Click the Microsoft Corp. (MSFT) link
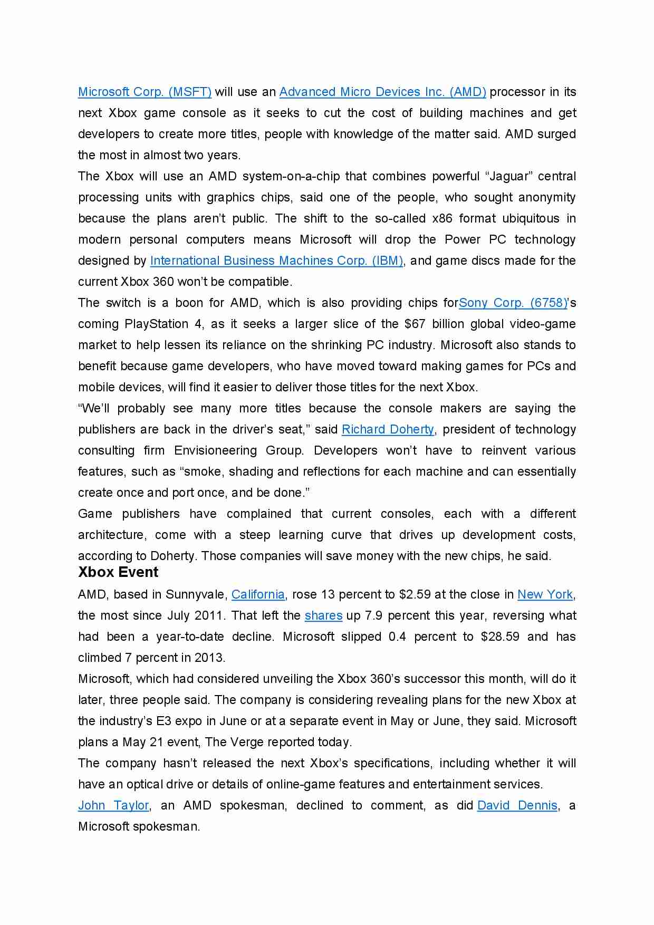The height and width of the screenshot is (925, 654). pos(145,92)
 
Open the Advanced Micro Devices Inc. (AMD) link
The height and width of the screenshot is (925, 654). pos(382,92)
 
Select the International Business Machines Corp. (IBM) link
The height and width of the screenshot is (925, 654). pos(276,261)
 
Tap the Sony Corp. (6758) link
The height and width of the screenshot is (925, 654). pos(513,303)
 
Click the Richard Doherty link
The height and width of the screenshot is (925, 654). pos(388,429)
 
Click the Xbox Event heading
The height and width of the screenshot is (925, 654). pos(118,572)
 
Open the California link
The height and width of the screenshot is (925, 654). pos(258,594)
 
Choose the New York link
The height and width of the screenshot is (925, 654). pos(545,594)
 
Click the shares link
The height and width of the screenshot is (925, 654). pos(323,615)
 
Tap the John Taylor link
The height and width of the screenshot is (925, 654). pos(113,805)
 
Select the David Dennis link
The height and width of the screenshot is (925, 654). pos(517,805)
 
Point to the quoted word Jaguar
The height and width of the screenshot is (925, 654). pos(509,176)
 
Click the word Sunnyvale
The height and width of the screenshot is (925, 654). pos(196,594)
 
